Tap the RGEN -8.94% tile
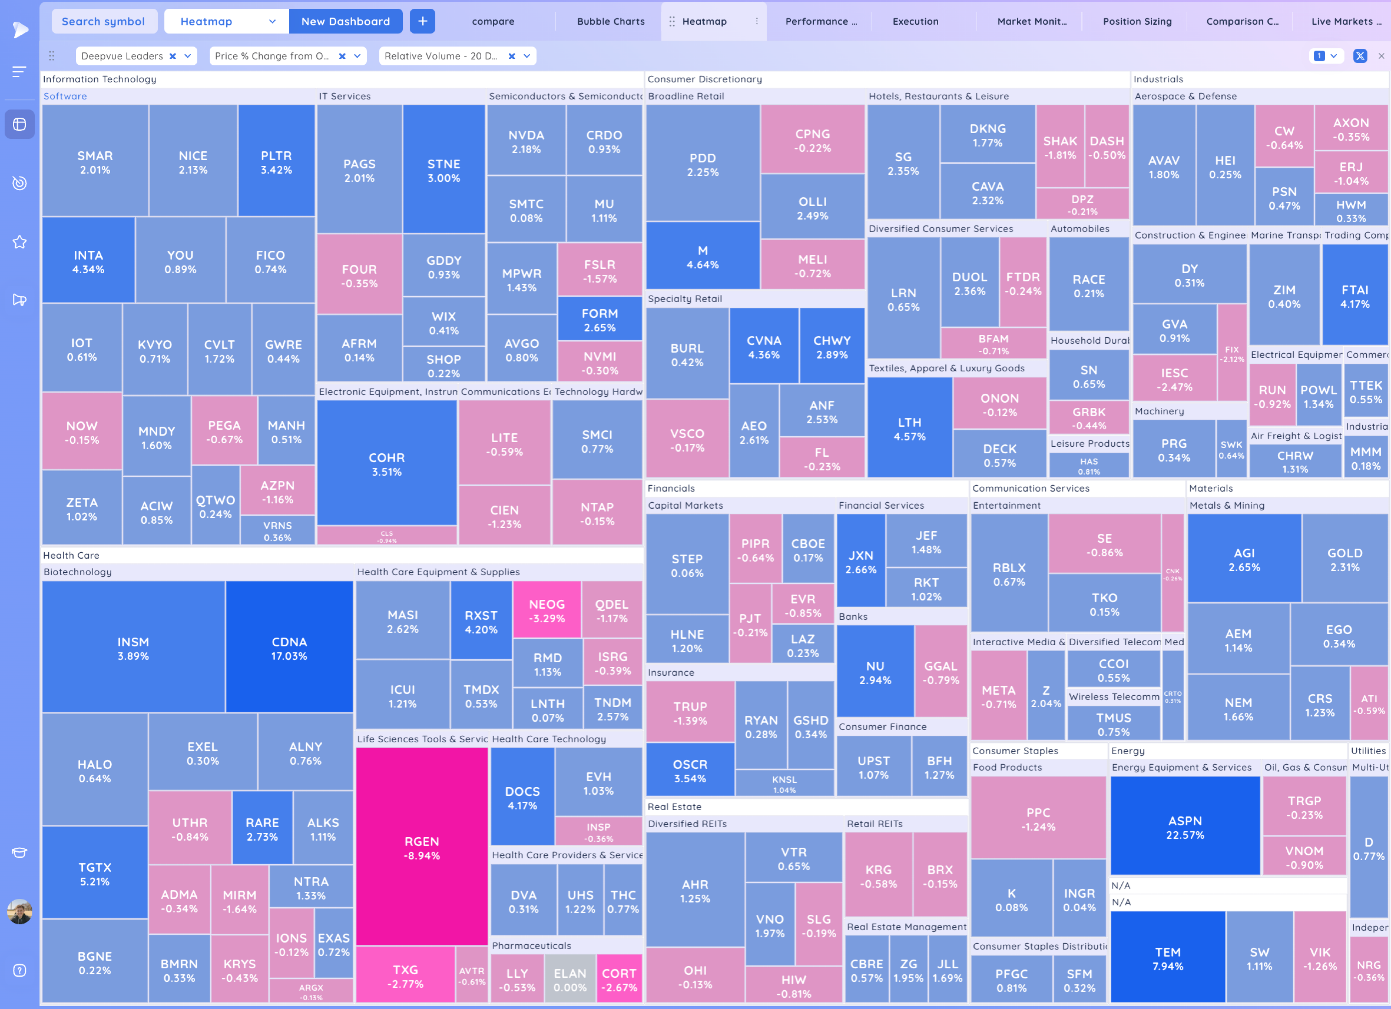pos(421,848)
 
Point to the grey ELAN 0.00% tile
pos(570,979)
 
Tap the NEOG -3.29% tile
pos(546,610)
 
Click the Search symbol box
pos(103,22)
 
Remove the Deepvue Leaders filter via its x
pos(173,56)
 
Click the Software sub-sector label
pos(65,96)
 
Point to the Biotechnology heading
pos(77,572)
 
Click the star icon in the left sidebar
pos(19,242)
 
